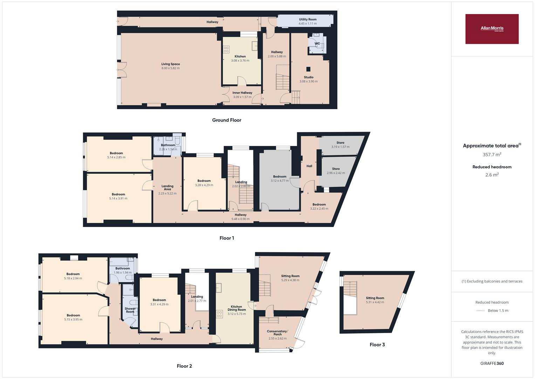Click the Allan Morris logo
(x=492, y=29)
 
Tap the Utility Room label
(x=308, y=20)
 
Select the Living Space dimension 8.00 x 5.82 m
(x=171, y=68)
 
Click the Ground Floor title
(x=227, y=120)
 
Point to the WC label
(x=317, y=44)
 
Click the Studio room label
(x=309, y=77)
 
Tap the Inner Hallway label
(x=242, y=93)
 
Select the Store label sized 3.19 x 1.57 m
(x=340, y=143)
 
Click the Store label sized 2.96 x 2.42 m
(x=336, y=169)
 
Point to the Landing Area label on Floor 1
(x=167, y=188)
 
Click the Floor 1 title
(x=227, y=238)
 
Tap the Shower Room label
(x=130, y=310)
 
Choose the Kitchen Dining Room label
(x=237, y=308)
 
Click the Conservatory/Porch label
(x=277, y=333)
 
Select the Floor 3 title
(x=377, y=345)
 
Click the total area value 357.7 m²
(x=492, y=154)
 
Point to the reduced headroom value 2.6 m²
(x=492, y=175)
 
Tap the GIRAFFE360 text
(x=492, y=364)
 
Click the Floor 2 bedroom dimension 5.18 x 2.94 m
(x=73, y=278)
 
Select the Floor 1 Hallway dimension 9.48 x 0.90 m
(x=240, y=219)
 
